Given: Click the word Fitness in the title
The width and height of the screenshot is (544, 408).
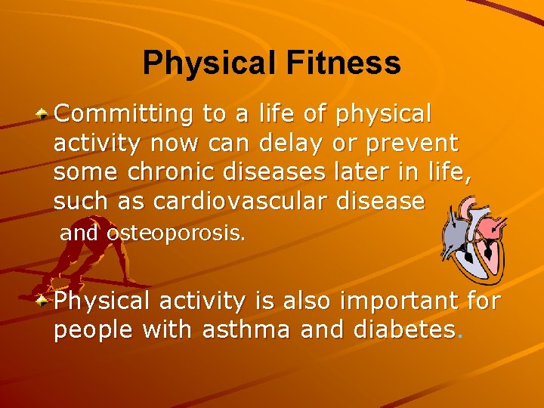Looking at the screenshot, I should click(344, 63).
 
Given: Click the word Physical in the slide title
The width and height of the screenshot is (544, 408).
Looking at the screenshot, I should click(211, 63).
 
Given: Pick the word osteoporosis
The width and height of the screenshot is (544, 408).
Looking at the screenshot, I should click(176, 233).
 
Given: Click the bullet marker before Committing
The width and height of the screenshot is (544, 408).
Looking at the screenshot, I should click(44, 114).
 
